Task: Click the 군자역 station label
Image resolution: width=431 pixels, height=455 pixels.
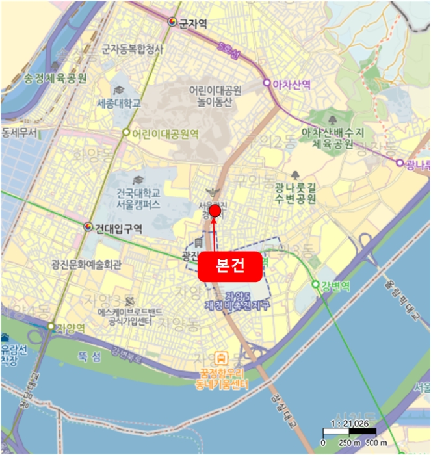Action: (x=193, y=23)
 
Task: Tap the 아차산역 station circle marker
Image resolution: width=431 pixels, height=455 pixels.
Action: (x=266, y=83)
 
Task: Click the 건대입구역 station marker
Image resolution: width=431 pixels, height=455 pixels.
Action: (x=88, y=227)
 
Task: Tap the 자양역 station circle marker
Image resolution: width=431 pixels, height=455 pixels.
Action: (x=51, y=326)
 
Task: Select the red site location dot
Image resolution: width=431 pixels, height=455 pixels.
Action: (x=215, y=210)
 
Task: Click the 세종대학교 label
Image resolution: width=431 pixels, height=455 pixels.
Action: (x=118, y=103)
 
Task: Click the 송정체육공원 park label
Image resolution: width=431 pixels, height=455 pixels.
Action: (x=55, y=78)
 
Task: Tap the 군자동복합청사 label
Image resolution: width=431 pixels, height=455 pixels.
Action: (x=133, y=49)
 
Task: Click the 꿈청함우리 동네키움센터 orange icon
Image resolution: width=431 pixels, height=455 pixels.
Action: (x=222, y=357)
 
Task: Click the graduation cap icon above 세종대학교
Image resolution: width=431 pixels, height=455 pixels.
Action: (x=119, y=90)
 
